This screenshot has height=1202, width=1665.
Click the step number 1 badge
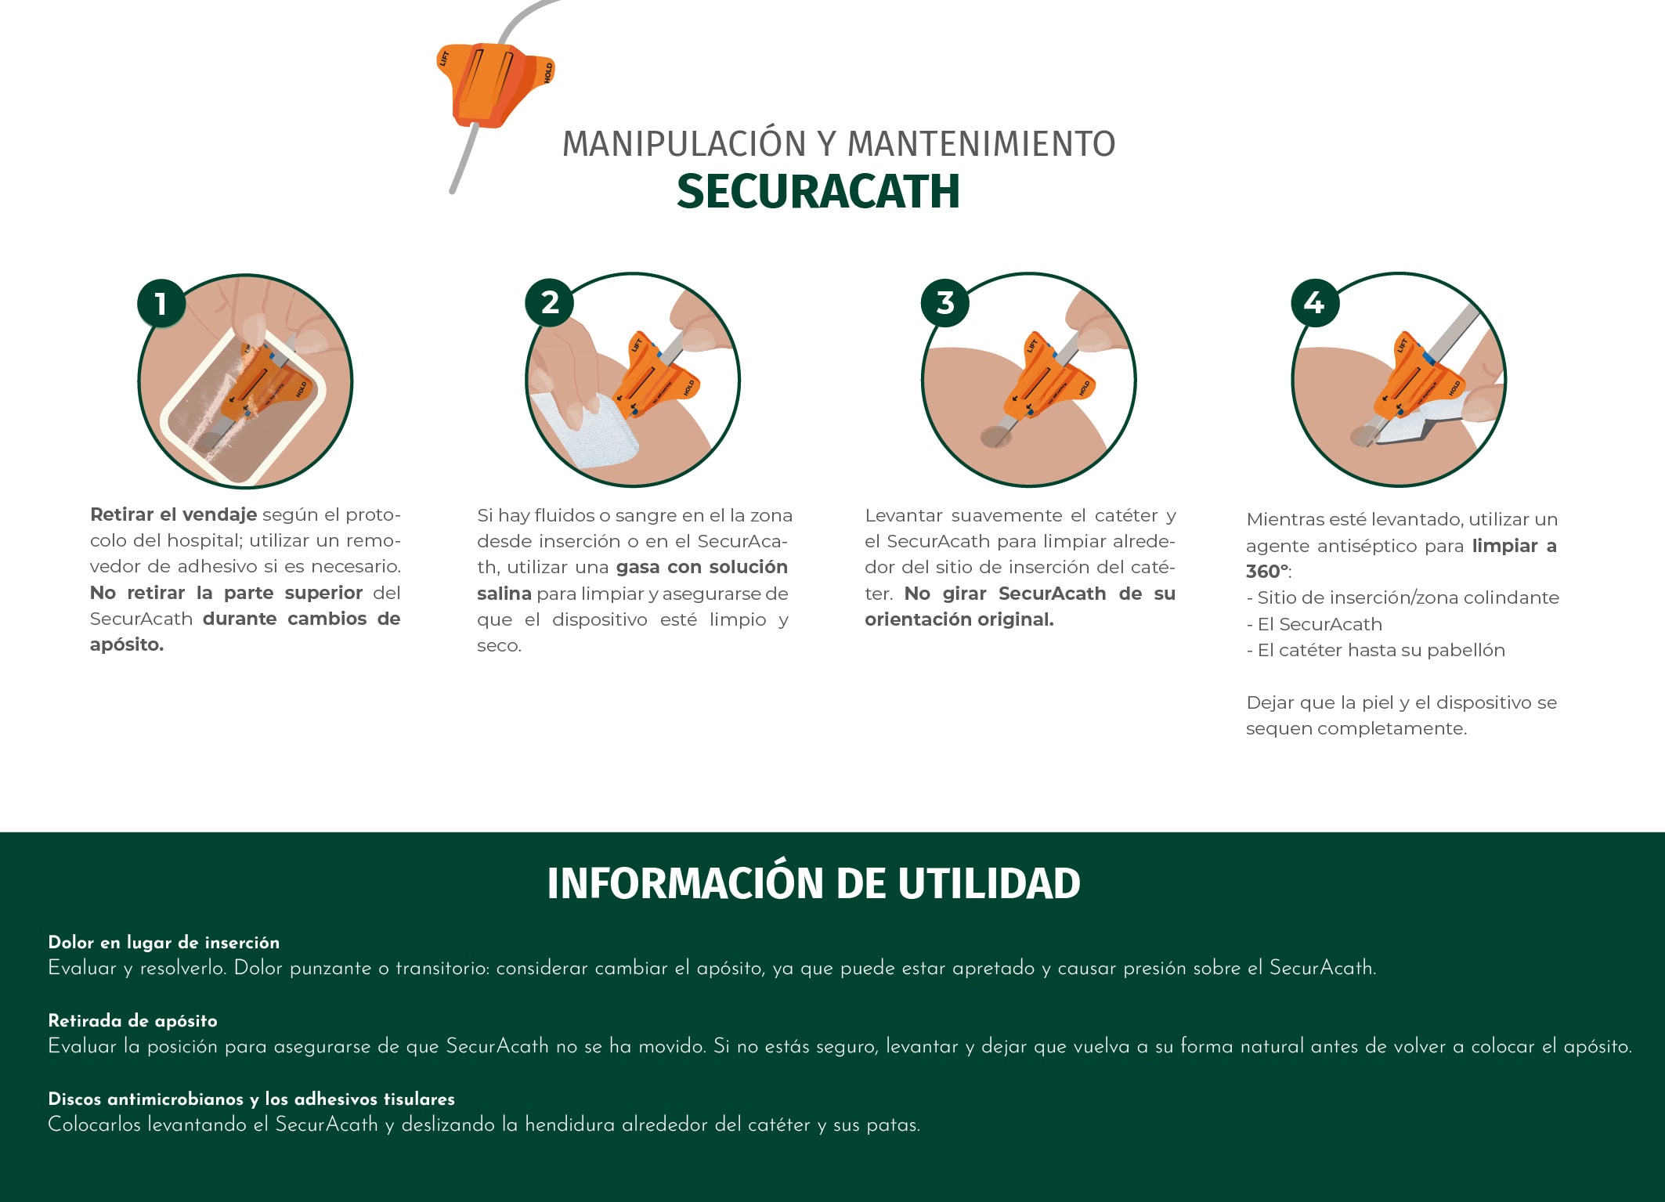click(161, 304)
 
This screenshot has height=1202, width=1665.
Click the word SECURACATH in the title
click(818, 191)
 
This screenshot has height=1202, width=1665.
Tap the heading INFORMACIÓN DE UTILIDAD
click(814, 883)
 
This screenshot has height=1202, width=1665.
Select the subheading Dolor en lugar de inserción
click(164, 942)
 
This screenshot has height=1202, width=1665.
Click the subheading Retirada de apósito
click(132, 1020)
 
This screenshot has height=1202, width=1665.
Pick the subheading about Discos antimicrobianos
click(251, 1099)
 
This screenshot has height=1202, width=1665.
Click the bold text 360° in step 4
click(1267, 572)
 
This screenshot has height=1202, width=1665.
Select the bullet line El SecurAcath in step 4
click(1314, 624)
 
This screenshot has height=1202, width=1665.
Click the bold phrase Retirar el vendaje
click(173, 514)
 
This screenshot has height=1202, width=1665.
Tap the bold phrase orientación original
click(959, 619)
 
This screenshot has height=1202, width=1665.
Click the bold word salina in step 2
click(504, 594)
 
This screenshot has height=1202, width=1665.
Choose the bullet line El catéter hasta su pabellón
click(1375, 651)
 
